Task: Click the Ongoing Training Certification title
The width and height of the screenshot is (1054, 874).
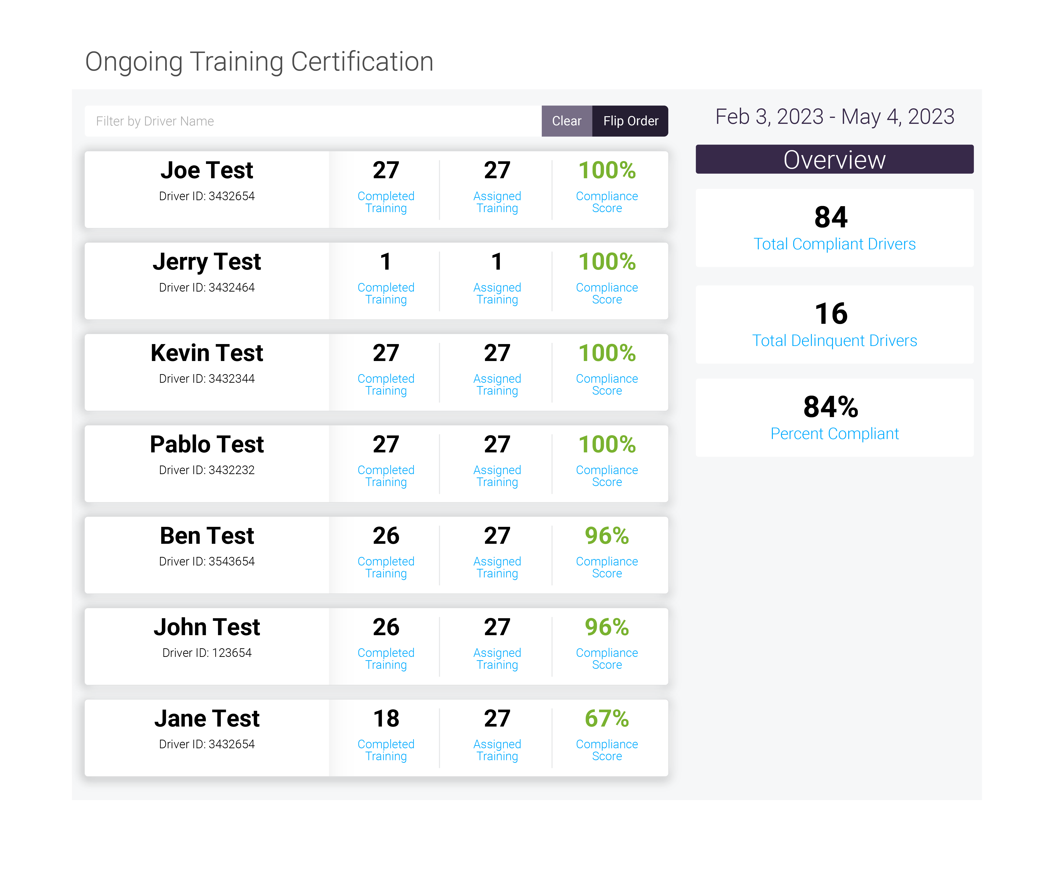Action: (x=259, y=62)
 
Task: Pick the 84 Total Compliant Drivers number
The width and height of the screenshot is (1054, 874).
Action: (x=831, y=217)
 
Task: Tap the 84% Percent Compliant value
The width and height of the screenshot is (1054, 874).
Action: (x=831, y=407)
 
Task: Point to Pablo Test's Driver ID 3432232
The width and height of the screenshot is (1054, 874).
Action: (x=207, y=470)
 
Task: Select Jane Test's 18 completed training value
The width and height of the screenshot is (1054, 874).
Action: (x=385, y=718)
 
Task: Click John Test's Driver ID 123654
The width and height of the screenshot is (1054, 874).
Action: (x=207, y=653)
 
